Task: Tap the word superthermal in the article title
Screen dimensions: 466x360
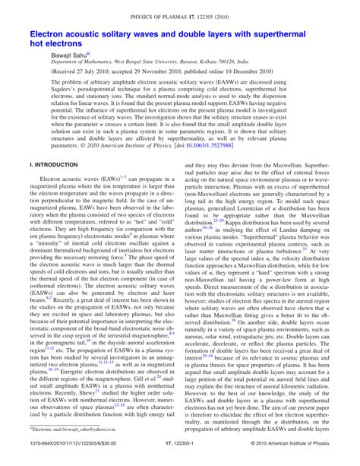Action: pyautogui.click(x=290, y=35)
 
